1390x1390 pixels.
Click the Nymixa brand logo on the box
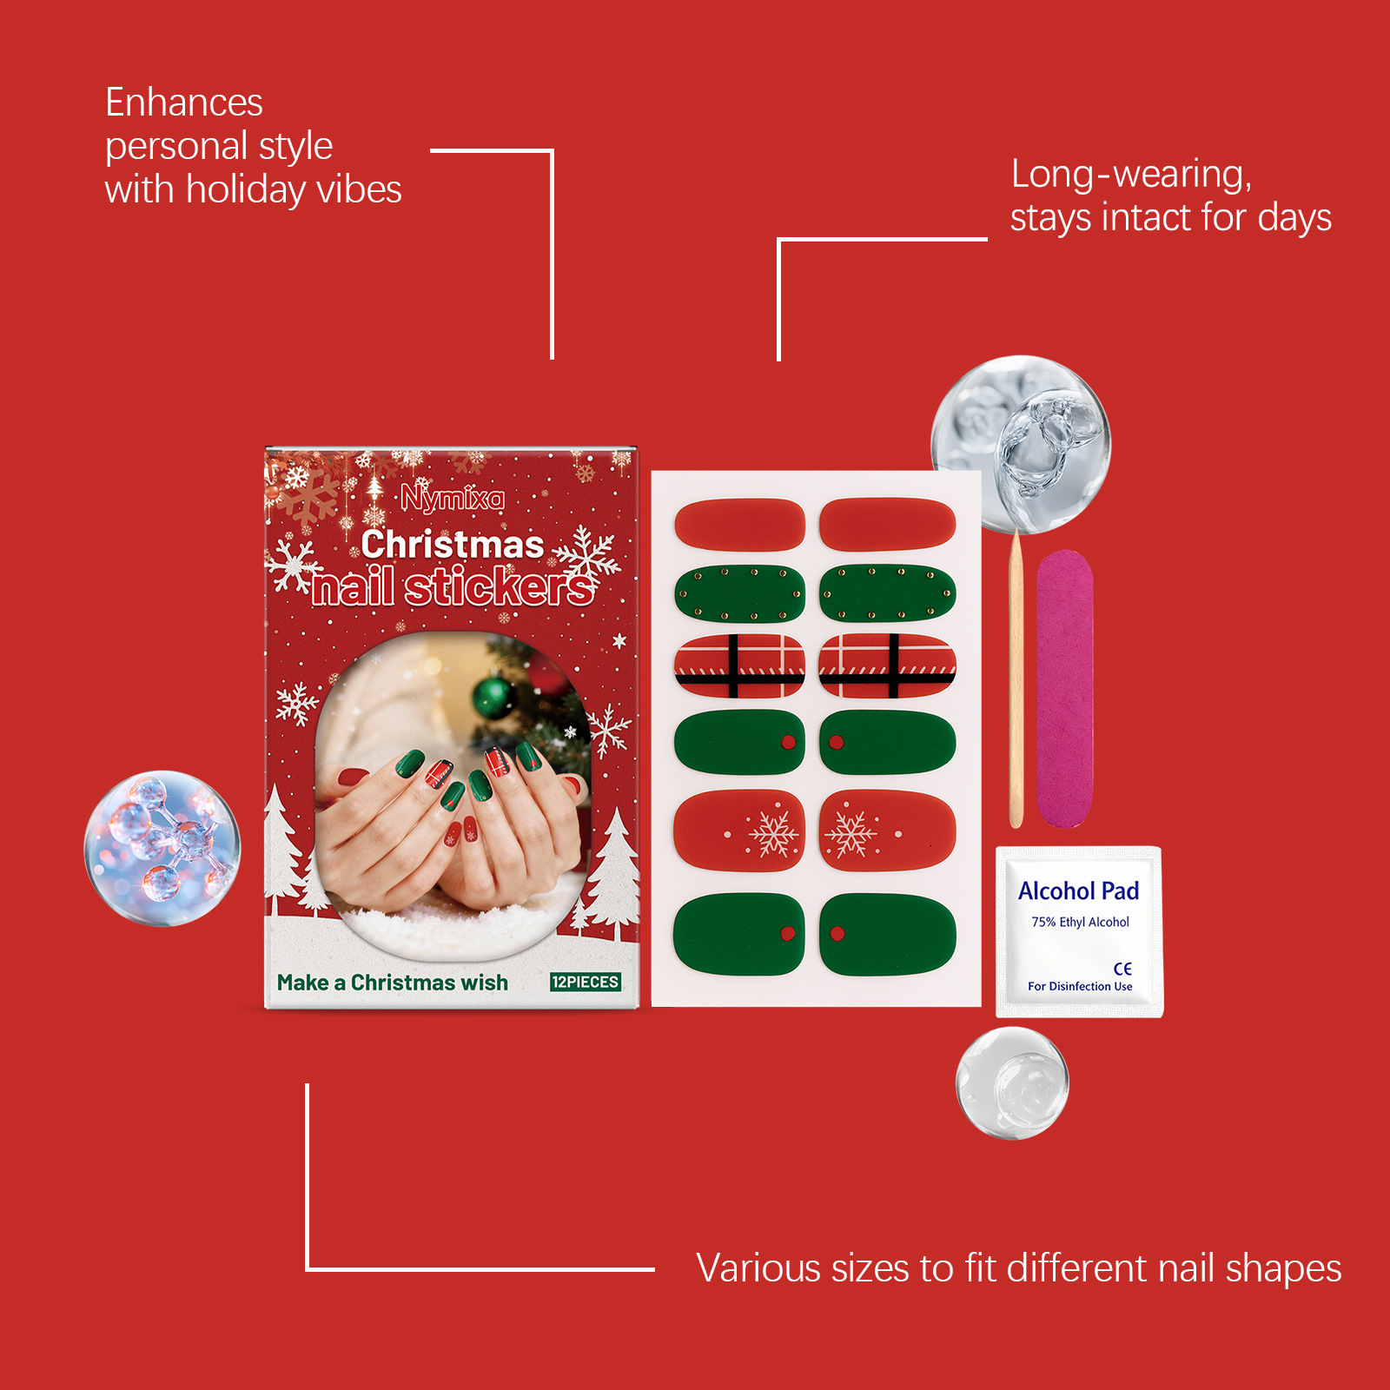pos(452,499)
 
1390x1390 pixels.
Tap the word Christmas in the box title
pos(453,545)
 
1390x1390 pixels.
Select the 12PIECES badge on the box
pos(585,982)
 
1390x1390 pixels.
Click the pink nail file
pos(1064,688)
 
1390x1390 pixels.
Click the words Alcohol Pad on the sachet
pos(1078,891)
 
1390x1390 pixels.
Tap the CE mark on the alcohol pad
pos(1122,968)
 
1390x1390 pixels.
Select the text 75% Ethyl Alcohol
pos(1080,922)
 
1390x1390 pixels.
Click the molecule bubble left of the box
pos(162,848)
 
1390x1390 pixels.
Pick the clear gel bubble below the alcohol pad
pos(1012,1082)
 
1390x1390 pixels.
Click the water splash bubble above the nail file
pos(1021,443)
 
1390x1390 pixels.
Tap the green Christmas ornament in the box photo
pos(493,697)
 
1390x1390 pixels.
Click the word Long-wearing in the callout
pos(1130,175)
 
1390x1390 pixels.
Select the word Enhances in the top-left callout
pos(183,103)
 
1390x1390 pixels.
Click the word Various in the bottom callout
pos(758,1268)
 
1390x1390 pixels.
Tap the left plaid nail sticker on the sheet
pos(739,666)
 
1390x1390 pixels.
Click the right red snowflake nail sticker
pos(887,831)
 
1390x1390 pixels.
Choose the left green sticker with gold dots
pos(739,594)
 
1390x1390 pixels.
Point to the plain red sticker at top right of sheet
pos(887,524)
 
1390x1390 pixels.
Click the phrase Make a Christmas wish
pos(393,983)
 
